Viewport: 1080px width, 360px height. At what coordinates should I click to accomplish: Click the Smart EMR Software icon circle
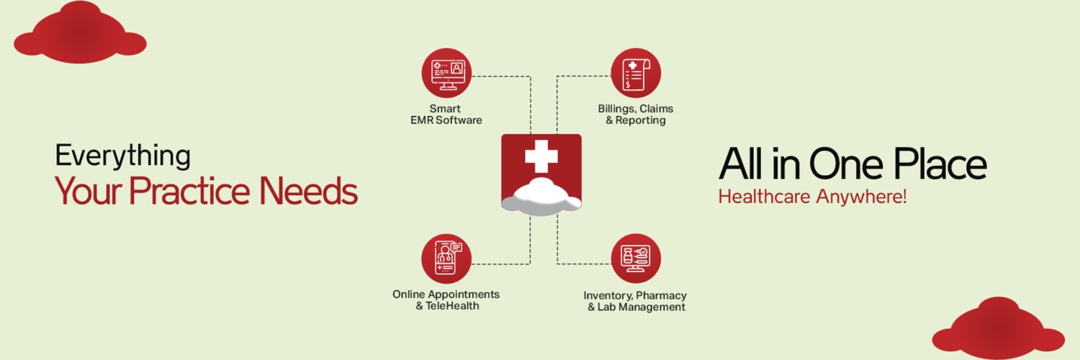tap(446, 73)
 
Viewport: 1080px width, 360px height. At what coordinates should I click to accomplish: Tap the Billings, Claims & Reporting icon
tap(636, 73)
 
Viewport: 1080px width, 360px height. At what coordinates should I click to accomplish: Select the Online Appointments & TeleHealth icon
tap(446, 258)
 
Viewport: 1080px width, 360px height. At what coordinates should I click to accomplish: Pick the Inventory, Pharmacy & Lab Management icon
tap(636, 258)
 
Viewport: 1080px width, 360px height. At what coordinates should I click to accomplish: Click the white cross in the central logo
tap(541, 156)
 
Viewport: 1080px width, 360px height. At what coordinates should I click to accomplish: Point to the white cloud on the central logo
tap(541, 196)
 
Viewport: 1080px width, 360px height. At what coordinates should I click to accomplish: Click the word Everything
tap(123, 156)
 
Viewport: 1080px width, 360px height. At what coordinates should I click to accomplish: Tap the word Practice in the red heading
tap(189, 191)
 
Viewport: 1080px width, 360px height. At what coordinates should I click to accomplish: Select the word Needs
tap(309, 191)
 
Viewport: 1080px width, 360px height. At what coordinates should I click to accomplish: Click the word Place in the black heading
tap(940, 164)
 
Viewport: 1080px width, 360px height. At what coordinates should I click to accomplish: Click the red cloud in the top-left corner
tap(80, 33)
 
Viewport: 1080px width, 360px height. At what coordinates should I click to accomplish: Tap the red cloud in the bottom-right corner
tap(999, 328)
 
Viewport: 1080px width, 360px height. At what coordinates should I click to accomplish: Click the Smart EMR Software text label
tap(446, 114)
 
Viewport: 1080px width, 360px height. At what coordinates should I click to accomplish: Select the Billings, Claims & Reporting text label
tap(636, 114)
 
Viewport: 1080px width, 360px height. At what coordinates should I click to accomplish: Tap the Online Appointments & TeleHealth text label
tap(446, 300)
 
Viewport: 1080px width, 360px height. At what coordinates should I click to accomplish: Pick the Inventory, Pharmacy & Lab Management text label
tap(636, 301)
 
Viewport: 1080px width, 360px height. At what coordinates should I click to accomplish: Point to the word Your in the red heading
tap(89, 192)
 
